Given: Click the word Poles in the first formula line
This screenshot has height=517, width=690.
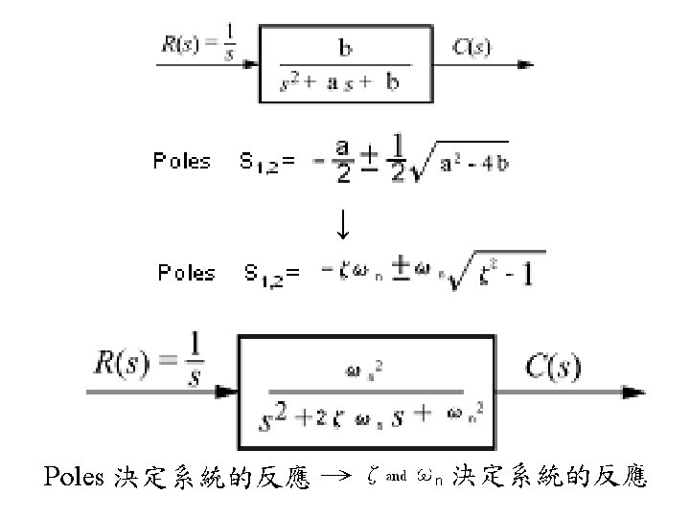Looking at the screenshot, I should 182,161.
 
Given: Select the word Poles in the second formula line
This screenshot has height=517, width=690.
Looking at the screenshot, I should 187,273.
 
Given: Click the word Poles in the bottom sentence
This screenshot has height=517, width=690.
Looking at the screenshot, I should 74,476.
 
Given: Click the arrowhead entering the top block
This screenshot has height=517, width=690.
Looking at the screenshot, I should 252,64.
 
